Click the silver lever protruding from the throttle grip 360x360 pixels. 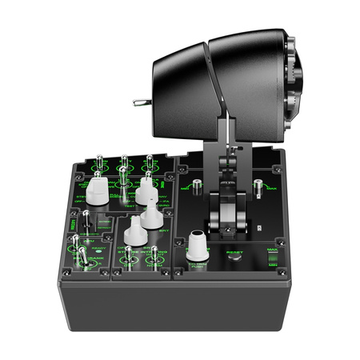click(141, 102)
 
